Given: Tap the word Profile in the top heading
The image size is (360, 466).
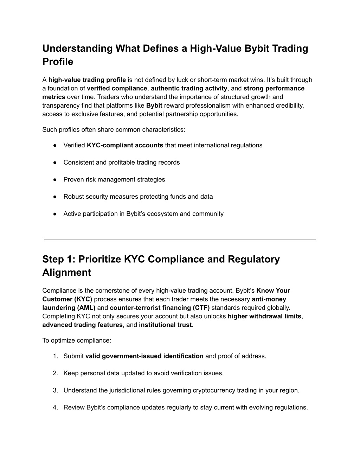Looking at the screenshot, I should [x=58, y=62].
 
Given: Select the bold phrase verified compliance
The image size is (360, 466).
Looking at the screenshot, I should [x=117, y=88].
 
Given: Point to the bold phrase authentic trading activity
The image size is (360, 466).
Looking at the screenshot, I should [x=189, y=88].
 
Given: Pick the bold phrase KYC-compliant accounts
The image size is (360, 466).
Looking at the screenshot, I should [x=125, y=145].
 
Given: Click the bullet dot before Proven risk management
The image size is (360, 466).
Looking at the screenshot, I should [x=55, y=180].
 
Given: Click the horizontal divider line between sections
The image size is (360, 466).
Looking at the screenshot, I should [x=180, y=239].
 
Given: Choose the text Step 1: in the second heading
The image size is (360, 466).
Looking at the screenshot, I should [x=59, y=259].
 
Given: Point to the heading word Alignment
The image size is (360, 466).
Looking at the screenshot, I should [x=66, y=273].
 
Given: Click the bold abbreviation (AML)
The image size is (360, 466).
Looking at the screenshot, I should [x=85, y=308].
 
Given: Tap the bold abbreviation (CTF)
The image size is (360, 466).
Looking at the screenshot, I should [x=201, y=308].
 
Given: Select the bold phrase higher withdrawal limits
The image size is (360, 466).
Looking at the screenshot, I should [x=264, y=316].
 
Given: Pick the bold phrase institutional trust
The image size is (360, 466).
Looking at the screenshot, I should [x=165, y=325].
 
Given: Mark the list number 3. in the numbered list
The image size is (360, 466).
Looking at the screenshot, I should [x=56, y=390].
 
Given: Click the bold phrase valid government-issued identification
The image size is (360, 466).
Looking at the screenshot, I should [x=144, y=356].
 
